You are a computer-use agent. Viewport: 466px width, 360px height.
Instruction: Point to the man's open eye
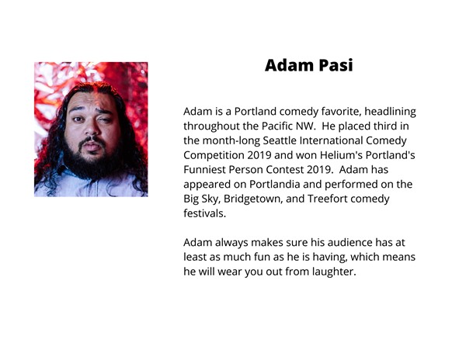[78, 119]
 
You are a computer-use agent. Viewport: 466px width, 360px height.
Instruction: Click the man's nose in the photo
[92, 128]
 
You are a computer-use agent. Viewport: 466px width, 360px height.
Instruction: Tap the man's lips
[92, 146]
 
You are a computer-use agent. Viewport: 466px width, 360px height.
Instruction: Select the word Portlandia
[275, 185]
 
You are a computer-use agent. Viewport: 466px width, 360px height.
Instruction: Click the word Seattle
[280, 140]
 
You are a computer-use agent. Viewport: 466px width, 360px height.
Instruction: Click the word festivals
[205, 213]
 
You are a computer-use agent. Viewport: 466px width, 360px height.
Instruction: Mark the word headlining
[390, 112]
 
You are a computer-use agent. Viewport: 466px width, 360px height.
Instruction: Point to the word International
[331, 140]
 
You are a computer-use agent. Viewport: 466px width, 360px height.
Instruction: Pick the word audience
[349, 243]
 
